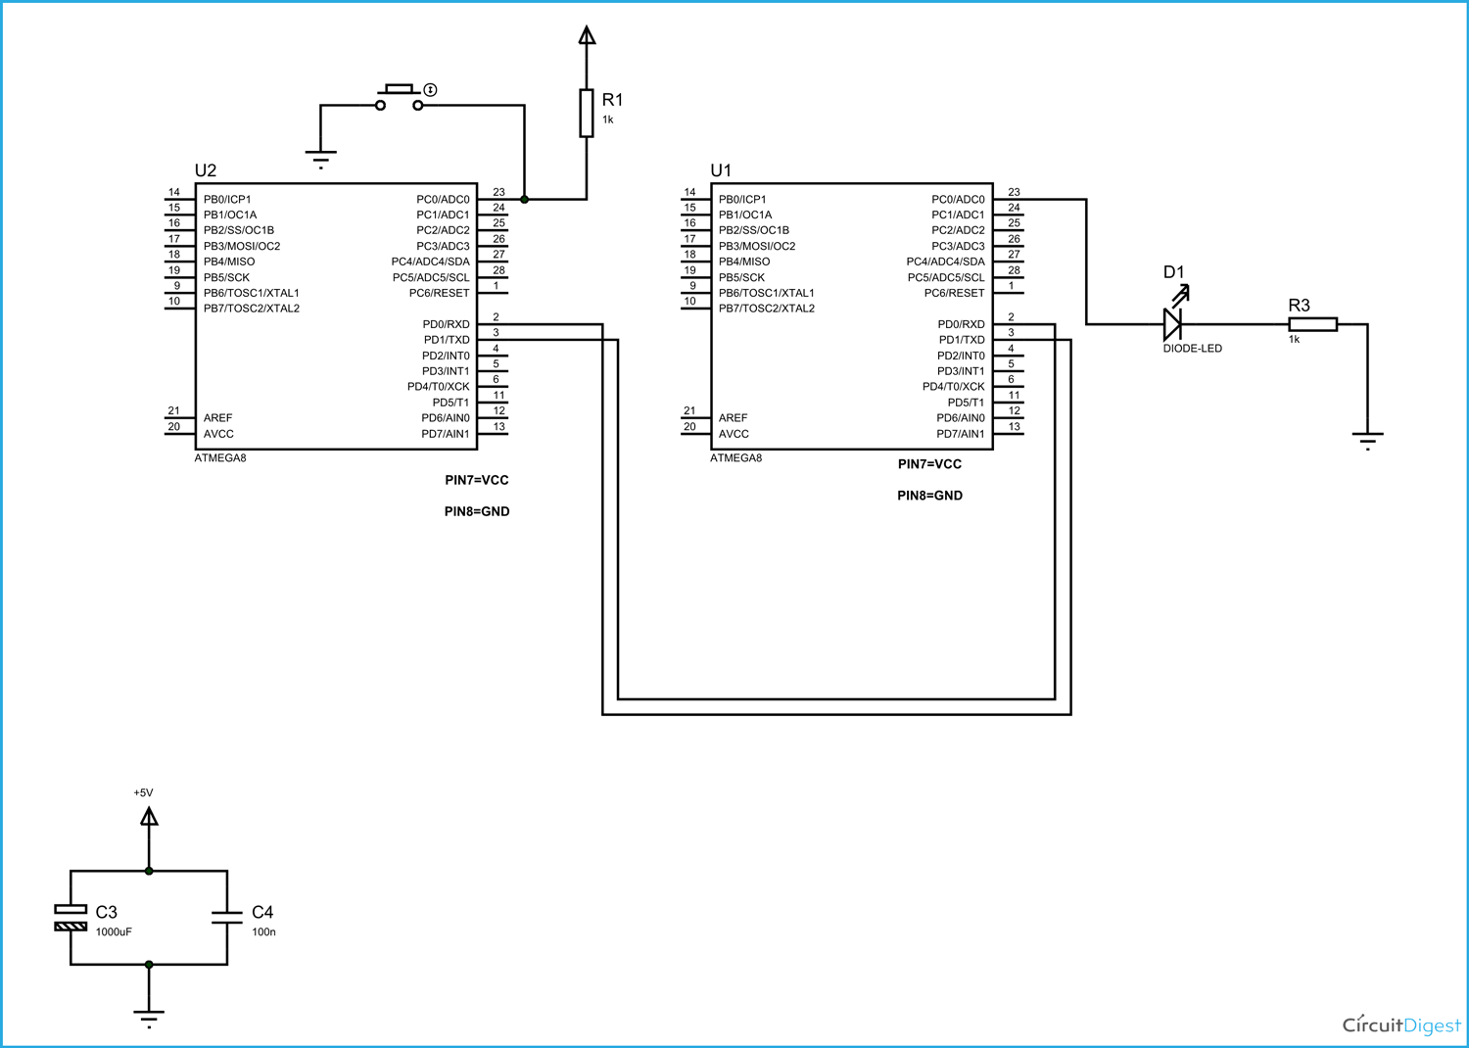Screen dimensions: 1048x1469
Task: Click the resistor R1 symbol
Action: coord(586,113)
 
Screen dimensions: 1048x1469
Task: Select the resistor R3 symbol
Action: coord(1312,324)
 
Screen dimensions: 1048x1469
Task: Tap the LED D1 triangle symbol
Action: coord(1171,324)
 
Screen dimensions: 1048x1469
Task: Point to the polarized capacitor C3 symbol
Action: coord(71,918)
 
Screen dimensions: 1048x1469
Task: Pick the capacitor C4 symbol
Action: coord(227,918)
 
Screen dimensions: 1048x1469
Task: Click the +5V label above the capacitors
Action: coord(143,792)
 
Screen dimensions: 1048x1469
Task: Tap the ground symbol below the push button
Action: coord(320,158)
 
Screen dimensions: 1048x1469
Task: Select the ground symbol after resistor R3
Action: coord(1367,439)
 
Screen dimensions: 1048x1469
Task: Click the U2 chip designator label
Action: coord(206,170)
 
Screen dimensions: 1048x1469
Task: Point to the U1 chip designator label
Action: coord(721,170)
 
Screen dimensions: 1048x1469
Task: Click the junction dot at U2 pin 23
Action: coord(524,199)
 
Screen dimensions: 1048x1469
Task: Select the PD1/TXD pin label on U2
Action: coord(447,340)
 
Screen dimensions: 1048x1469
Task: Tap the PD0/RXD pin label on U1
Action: coord(961,324)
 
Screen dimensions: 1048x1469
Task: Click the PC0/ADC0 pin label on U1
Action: coord(958,199)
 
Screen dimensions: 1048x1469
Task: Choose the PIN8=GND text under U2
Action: coord(477,511)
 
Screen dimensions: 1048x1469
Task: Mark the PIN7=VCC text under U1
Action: coord(929,464)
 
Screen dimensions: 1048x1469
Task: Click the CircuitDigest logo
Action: coord(1400,1024)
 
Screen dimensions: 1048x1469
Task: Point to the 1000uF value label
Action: coord(114,932)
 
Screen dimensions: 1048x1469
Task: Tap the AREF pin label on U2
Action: coord(218,418)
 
